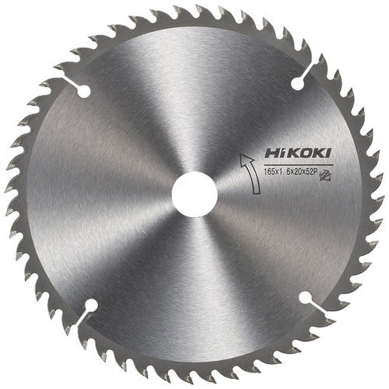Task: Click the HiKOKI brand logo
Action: [x=298, y=153]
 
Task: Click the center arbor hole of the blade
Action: [x=194, y=194]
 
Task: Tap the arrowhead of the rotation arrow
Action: [x=245, y=158]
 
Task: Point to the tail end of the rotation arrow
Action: [x=256, y=192]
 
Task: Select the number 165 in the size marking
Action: [x=269, y=172]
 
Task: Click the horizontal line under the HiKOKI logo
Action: [x=298, y=165]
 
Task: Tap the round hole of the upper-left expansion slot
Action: [x=83, y=91]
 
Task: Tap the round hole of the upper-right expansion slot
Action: [x=298, y=83]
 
